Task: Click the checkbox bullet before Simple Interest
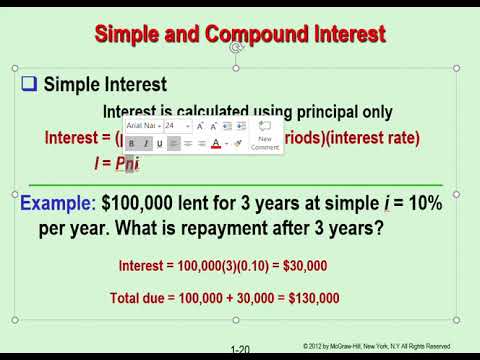click(30, 85)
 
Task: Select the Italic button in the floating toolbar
click(146, 144)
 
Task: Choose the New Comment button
click(265, 135)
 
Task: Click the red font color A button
click(216, 144)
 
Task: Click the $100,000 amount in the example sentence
click(139, 203)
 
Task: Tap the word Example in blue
click(55, 203)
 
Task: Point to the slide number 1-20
click(240, 350)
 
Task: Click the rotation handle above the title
click(237, 47)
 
